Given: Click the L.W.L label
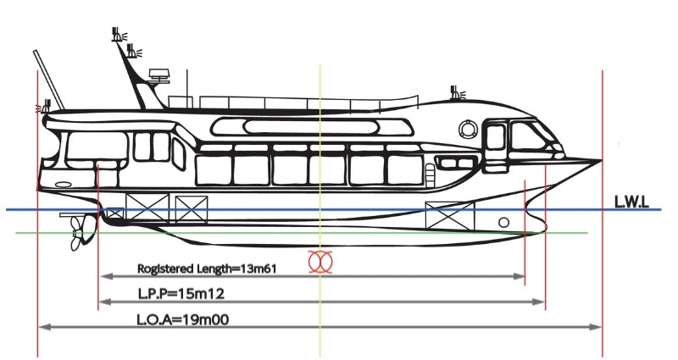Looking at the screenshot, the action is point(631,202).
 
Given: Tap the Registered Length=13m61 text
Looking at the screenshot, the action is point(207,269).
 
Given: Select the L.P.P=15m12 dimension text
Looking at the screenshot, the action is point(181,294).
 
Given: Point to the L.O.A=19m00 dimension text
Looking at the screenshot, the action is point(183,320).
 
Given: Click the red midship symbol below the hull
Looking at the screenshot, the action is point(320,262).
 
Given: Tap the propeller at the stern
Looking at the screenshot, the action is point(78,232).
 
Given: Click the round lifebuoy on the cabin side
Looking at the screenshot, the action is point(469,130).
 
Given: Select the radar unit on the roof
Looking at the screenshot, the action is point(158,75).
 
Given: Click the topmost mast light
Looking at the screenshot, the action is point(118,34).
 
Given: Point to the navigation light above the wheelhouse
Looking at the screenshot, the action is point(456,93).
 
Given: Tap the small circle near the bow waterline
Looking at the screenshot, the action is point(503,223).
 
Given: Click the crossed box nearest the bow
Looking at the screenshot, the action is point(450,215).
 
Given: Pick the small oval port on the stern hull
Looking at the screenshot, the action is point(64,185).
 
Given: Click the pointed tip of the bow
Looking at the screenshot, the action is point(601,160).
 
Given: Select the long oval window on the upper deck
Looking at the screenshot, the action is point(310,127).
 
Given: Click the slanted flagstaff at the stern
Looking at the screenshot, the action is point(48,80).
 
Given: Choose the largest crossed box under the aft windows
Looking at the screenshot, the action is point(147,208).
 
